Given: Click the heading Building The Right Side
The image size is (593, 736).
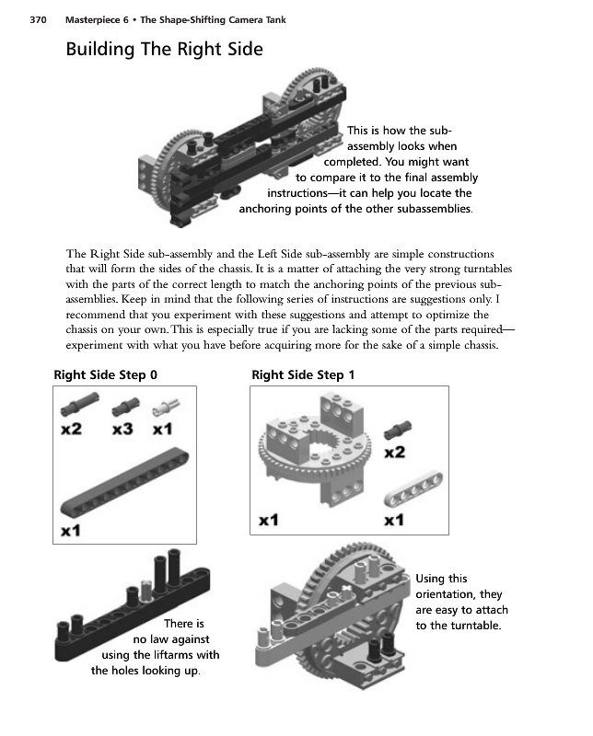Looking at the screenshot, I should (164, 51).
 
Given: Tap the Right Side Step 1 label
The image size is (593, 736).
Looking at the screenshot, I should (303, 375).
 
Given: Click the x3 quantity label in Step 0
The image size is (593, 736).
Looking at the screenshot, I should (124, 429).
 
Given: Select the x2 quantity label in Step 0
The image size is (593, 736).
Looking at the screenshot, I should (73, 429).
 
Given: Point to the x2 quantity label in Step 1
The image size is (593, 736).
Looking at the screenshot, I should (395, 452).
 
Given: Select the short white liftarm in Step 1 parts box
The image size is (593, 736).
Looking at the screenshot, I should (397, 488).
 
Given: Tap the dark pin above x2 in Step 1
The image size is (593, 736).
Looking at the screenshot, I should (399, 428).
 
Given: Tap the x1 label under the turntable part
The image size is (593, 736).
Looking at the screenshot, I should (269, 520).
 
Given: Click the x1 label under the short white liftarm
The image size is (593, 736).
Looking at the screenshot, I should (395, 520).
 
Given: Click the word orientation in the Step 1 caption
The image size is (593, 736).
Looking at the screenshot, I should (453, 594).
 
